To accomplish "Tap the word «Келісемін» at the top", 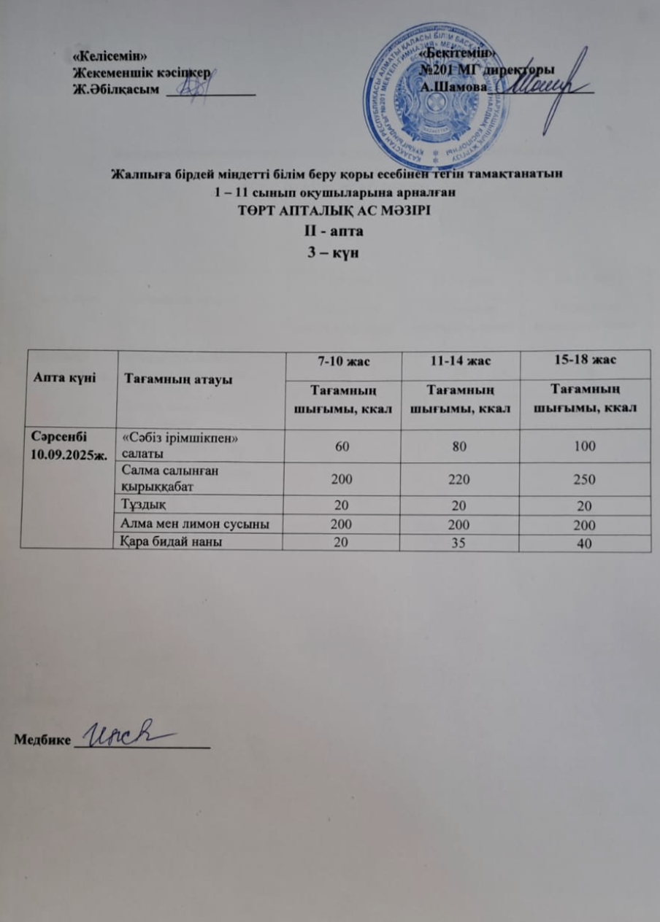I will point(107,56).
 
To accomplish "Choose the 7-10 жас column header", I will point(333,361).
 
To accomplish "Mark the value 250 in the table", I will point(584,479).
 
